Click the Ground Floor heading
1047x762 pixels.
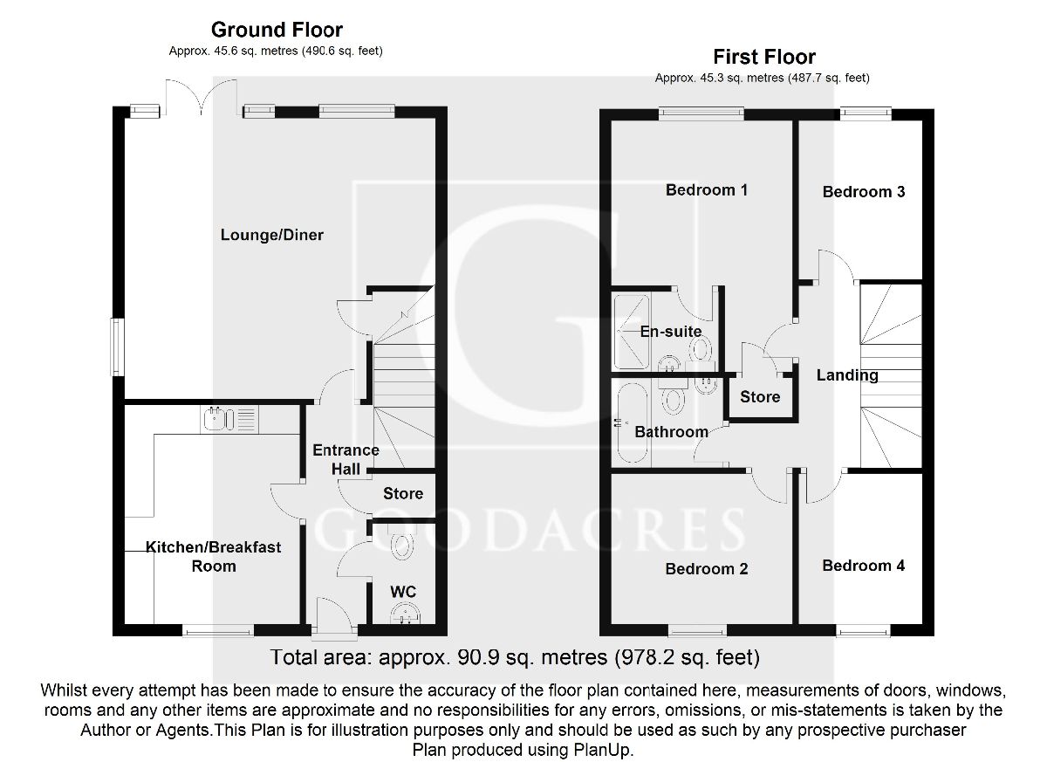[277, 30]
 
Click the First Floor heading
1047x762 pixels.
[764, 57]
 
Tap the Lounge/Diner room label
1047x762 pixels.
[271, 235]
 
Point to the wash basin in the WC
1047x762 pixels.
[405, 614]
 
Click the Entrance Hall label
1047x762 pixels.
[346, 459]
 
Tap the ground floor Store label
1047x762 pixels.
[403, 493]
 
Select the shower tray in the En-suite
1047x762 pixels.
[632, 332]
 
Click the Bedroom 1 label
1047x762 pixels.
[706, 189]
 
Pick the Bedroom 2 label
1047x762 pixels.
[706, 568]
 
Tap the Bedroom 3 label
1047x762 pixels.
[863, 192]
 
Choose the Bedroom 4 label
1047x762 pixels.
[863, 566]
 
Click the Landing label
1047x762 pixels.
[847, 375]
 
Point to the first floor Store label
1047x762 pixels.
[760, 397]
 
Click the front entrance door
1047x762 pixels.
[335, 617]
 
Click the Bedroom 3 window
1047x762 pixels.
[866, 113]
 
